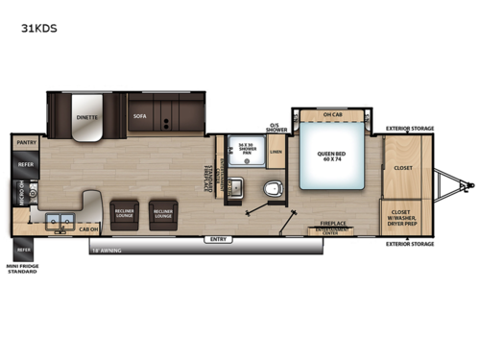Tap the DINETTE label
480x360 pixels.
87,117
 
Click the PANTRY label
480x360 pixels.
26,142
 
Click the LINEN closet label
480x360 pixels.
276,152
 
